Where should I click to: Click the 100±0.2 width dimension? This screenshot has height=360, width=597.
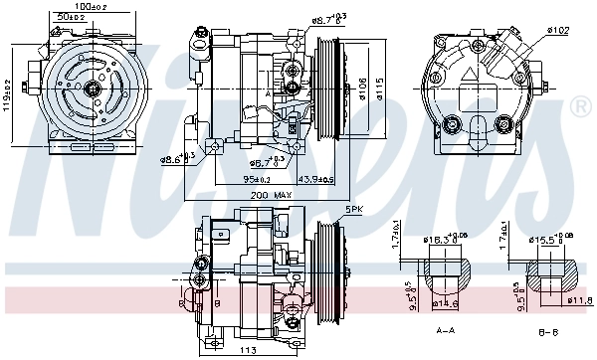point(97,7)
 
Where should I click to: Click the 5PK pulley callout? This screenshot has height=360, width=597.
point(353,208)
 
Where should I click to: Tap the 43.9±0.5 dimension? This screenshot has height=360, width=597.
point(291,178)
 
